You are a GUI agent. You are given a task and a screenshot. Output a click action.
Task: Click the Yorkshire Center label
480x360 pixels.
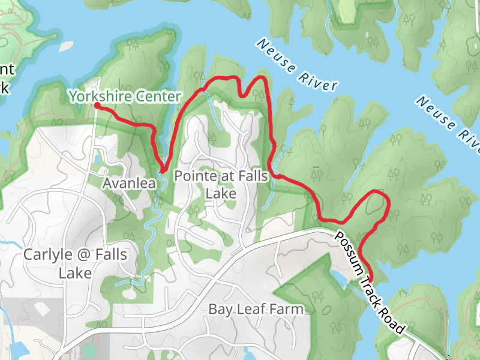click(x=124, y=96)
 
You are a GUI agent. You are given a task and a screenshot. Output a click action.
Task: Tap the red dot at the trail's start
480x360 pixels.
click(x=97, y=106)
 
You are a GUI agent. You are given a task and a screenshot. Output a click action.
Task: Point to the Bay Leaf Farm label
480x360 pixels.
click(x=256, y=309)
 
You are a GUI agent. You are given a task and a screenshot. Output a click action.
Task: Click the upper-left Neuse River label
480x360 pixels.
click(x=296, y=65)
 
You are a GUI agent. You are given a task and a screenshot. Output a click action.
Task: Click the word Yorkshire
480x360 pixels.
click(x=100, y=96)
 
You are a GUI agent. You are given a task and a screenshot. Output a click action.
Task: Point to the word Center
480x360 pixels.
click(x=157, y=96)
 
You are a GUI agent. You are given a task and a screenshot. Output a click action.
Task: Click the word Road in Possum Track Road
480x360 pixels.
click(x=394, y=318)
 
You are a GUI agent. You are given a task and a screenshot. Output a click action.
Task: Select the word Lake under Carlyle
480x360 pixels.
click(x=75, y=273)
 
